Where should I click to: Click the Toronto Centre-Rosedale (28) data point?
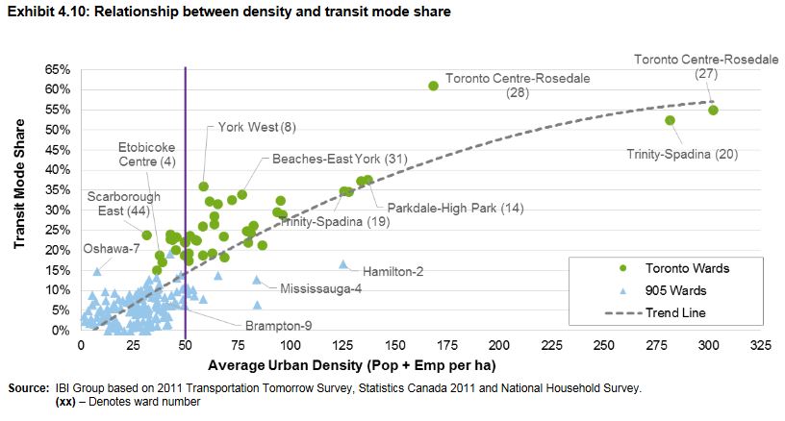[433, 86]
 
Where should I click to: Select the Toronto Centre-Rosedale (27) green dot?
[713, 111]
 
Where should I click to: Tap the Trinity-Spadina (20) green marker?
[670, 120]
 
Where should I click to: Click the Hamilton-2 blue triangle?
[342, 264]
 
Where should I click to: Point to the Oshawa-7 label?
[112, 249]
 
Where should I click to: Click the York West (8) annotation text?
[257, 127]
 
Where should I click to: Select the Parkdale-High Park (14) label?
[455, 208]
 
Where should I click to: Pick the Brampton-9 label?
[278, 327]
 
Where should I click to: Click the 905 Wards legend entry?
[663, 290]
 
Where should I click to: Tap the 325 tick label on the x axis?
[761, 344]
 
